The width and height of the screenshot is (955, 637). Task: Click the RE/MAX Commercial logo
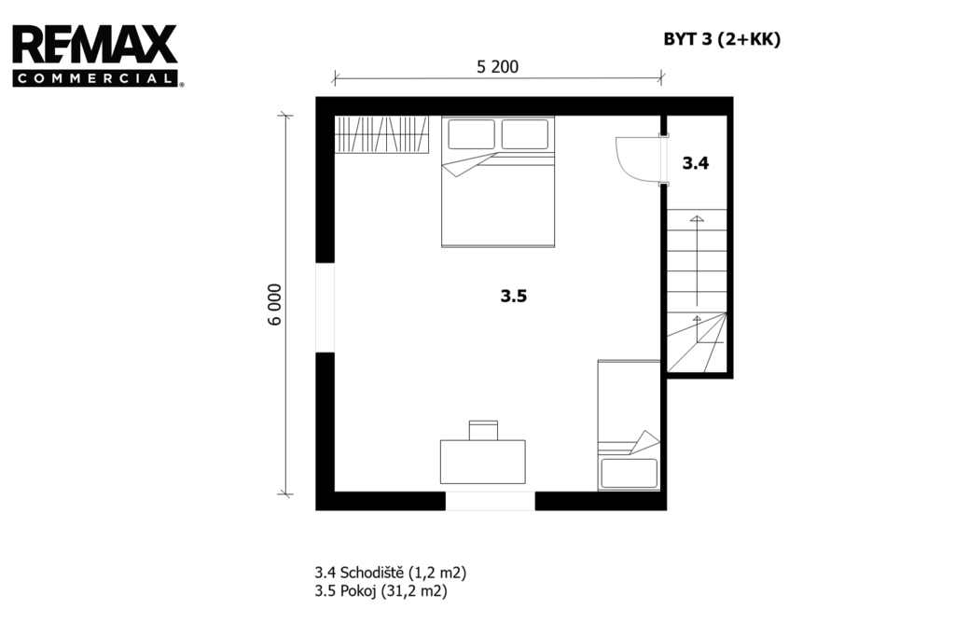97,56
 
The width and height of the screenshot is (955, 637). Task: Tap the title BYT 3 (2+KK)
722,39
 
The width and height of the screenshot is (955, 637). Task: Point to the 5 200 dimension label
498,66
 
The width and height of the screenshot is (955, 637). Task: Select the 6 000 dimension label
275,304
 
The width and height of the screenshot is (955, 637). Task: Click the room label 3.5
514,296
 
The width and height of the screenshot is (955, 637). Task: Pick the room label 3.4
695,162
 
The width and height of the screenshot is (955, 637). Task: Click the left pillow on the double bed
471,134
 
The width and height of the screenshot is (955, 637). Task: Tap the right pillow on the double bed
525,134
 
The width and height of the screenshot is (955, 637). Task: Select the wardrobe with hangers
381,134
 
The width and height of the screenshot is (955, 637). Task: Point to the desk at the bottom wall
483,462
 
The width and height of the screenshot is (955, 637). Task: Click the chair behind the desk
484,430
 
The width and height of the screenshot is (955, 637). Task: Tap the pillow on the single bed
630,473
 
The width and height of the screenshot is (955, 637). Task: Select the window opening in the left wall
325,308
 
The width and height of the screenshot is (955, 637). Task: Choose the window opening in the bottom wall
491,501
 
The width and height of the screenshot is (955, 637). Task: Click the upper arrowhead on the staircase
697,218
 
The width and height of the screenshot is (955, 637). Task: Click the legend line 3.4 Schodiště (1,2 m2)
391,573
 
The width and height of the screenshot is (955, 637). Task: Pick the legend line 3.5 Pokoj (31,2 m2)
381,590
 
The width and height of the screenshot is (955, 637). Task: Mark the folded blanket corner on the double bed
466,165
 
